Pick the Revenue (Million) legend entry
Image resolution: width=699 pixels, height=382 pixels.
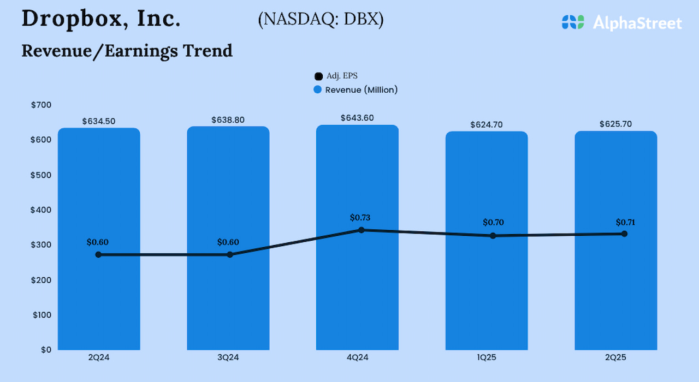[356, 90]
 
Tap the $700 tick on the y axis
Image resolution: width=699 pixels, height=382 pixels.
[42, 105]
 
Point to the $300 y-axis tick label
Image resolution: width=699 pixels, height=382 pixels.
[42, 244]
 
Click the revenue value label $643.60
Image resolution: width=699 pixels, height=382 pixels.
[357, 118]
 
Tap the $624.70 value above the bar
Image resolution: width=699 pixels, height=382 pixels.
[486, 125]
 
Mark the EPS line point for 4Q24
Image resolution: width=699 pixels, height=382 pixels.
[361, 230]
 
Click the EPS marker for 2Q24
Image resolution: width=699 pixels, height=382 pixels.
[98, 255]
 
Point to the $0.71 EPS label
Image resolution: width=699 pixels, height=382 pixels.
[625, 222]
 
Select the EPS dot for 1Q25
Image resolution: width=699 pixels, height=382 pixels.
[493, 236]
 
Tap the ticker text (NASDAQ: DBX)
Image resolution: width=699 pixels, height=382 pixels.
[321, 20]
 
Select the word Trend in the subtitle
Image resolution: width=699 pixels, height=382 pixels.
[207, 50]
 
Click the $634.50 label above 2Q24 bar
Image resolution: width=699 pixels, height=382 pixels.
[99, 121]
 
